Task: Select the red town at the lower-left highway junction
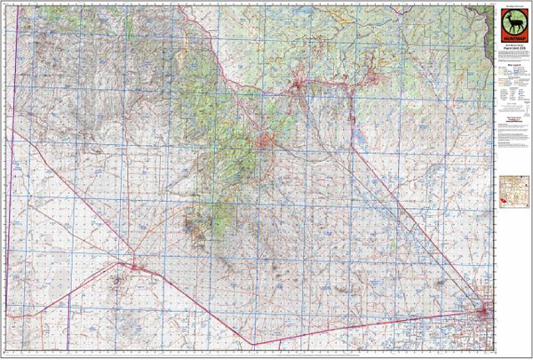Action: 133,265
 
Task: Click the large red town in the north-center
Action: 297,86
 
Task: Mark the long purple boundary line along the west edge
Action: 16,178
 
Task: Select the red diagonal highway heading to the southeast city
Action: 409,222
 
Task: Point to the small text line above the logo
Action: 513,5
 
